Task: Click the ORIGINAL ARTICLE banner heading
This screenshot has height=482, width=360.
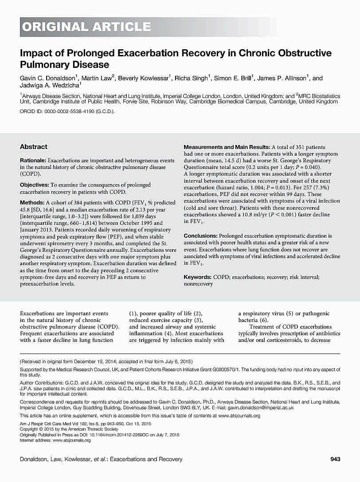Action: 87,27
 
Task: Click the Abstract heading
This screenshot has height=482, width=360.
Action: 34,147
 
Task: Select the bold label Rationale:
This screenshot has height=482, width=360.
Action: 33,160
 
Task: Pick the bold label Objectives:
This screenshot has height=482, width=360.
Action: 35,185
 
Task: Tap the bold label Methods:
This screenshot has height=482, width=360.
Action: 31,202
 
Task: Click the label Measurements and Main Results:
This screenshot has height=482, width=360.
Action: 227,147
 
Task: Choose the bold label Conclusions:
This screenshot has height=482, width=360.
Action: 201,236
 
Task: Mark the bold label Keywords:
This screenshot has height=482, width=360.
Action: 198,277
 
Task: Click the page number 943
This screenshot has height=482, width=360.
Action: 336,459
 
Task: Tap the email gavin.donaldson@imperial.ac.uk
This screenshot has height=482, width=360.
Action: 261,408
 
